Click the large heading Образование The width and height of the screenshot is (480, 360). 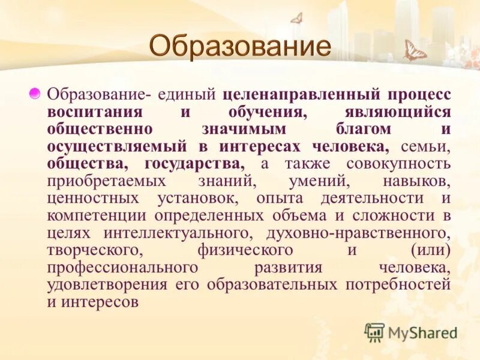[239, 47]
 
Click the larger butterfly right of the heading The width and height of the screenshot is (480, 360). [415, 51]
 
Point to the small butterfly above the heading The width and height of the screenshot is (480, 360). [296, 18]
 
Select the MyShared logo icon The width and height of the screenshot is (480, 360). [374, 332]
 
